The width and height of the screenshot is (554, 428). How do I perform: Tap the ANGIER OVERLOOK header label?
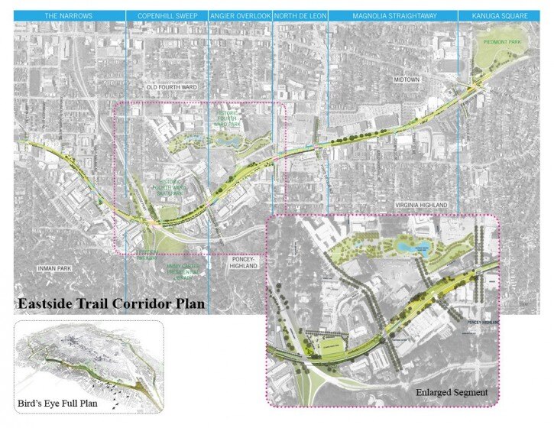(240, 15)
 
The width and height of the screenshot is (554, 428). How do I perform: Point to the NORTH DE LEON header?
(299, 15)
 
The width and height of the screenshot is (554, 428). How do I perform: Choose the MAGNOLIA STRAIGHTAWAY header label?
(391, 15)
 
